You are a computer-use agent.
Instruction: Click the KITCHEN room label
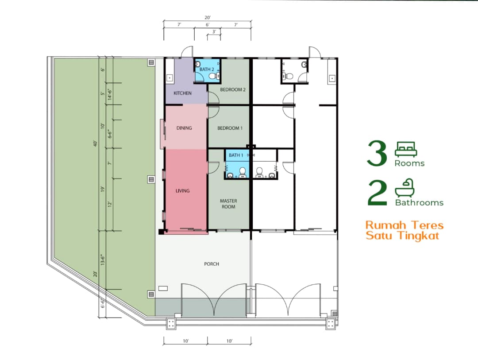click(x=182, y=93)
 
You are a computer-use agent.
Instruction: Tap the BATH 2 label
click(x=207, y=69)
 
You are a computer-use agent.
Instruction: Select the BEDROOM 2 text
click(x=233, y=89)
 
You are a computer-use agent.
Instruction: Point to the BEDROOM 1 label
click(x=230, y=128)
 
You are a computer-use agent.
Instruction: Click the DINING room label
click(x=184, y=128)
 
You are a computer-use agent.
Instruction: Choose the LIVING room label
click(x=183, y=191)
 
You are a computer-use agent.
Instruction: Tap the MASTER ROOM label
click(x=228, y=204)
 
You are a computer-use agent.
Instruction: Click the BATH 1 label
click(x=236, y=155)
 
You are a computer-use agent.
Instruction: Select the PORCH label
click(x=212, y=264)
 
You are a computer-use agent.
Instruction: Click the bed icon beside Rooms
click(x=406, y=149)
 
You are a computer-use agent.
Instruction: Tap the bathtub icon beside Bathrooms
click(x=405, y=188)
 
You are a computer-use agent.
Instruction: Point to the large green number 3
click(x=377, y=153)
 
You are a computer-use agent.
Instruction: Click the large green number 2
click(x=378, y=193)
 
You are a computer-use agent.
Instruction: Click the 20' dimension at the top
click(x=207, y=18)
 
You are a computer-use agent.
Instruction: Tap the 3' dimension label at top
click(x=214, y=31)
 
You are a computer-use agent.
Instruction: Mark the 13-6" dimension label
click(x=103, y=259)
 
